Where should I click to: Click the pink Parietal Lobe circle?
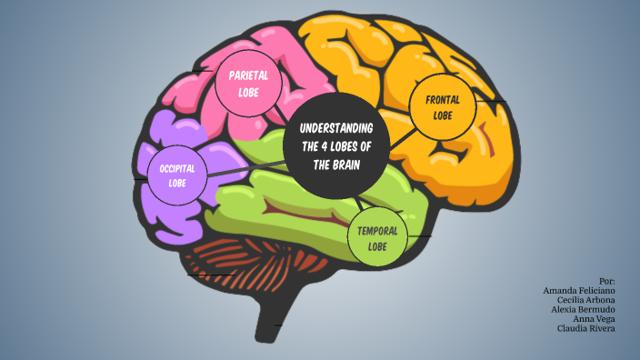click(x=247, y=86)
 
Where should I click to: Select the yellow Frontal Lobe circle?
click(x=443, y=107)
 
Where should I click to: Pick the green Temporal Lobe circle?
click(x=377, y=237)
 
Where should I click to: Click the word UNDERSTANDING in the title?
click(x=337, y=126)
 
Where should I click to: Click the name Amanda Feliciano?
click(x=579, y=290)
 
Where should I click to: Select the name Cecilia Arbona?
click(x=586, y=299)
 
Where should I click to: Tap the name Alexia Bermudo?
click(x=582, y=309)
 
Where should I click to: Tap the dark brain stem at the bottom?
click(x=270, y=323)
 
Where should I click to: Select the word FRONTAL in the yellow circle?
click(x=443, y=100)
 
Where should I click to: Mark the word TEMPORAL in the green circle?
click(x=377, y=231)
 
